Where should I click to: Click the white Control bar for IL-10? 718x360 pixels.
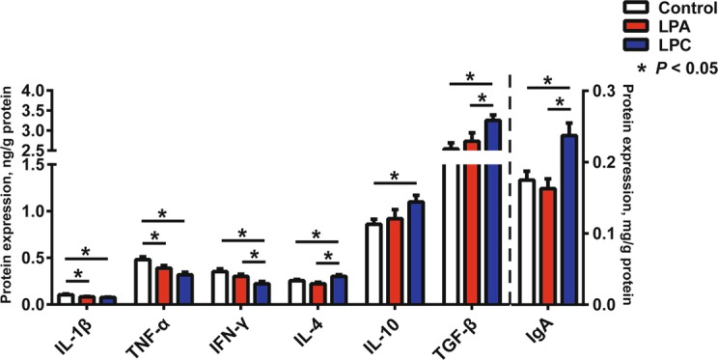(x=373, y=264)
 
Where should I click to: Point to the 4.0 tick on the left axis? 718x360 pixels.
(x=33, y=91)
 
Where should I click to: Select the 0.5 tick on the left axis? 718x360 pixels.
(x=33, y=258)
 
